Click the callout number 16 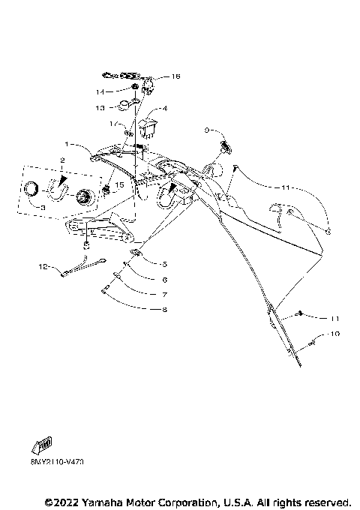coord(176,76)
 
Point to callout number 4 coord(165,109)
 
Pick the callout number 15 coord(119,184)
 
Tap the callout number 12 coord(43,266)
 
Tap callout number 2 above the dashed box coord(62,160)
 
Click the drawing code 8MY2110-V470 coord(57,462)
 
